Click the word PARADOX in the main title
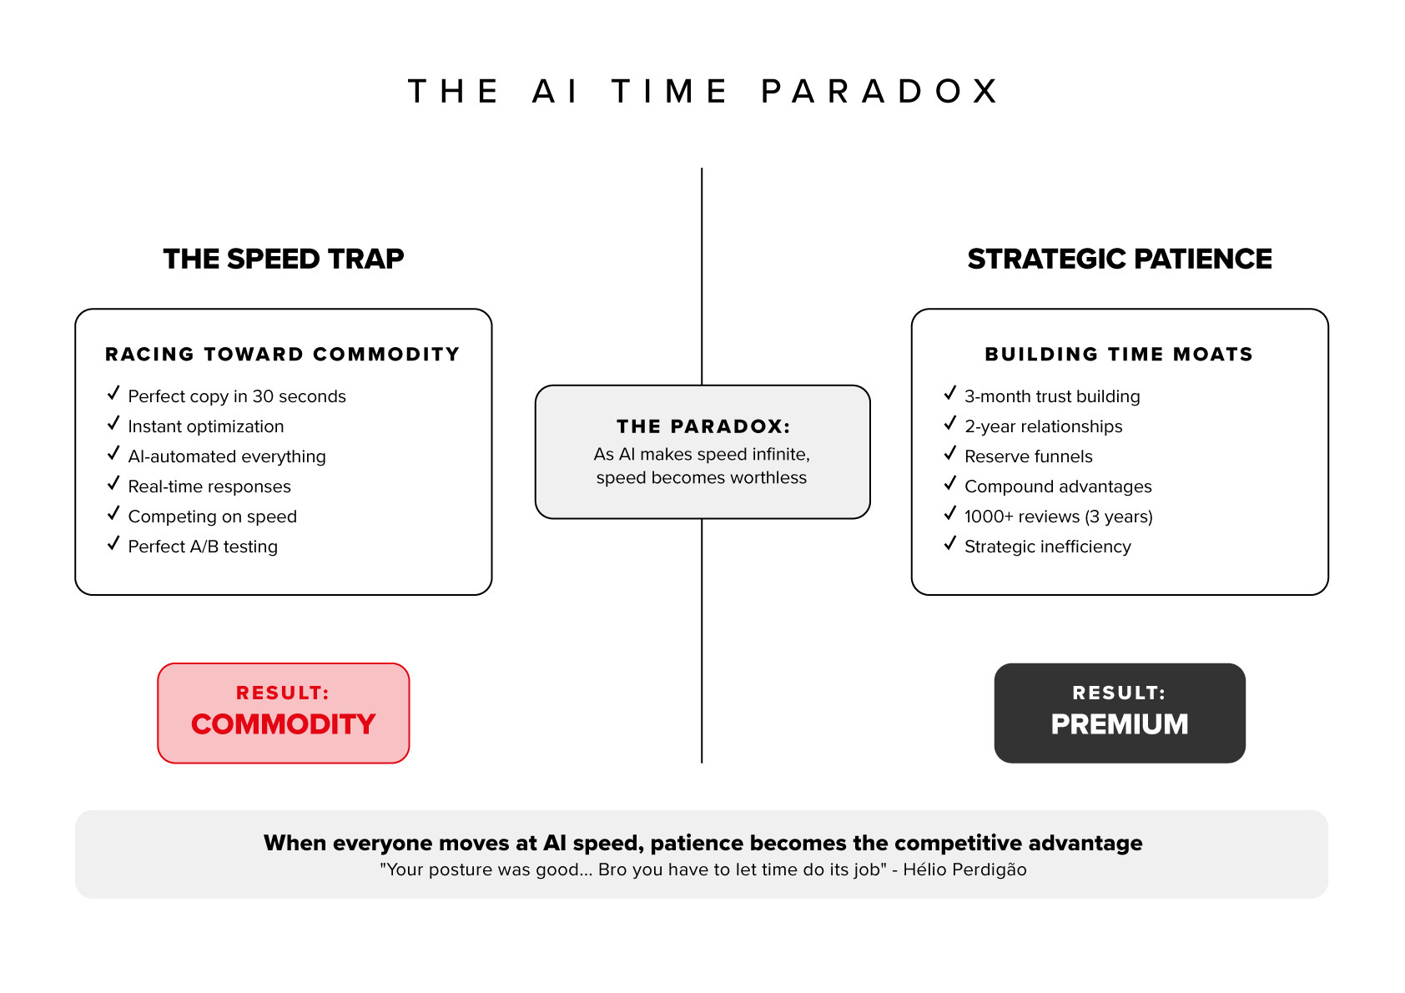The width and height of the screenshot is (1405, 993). click(x=879, y=91)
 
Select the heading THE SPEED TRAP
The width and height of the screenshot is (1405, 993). click(x=284, y=259)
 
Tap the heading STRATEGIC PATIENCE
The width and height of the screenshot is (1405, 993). click(x=1120, y=259)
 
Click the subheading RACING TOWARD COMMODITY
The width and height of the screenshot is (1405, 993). click(x=283, y=354)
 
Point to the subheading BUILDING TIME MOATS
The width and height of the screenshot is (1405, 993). click(x=1119, y=354)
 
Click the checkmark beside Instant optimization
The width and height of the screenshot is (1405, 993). click(x=113, y=424)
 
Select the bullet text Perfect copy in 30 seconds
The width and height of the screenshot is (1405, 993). click(x=237, y=396)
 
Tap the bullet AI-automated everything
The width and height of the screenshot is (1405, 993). click(x=227, y=456)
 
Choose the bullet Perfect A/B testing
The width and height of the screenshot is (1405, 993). click(x=203, y=547)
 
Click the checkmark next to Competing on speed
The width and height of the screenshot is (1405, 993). click(x=113, y=514)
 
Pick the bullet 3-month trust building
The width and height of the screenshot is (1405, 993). click(x=1052, y=396)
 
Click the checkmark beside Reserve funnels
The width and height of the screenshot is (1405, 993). click(x=949, y=454)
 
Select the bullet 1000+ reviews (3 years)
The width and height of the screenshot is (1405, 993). click(x=1058, y=517)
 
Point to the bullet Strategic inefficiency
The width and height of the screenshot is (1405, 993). click(x=1047, y=547)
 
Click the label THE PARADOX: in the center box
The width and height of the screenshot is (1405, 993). click(x=702, y=426)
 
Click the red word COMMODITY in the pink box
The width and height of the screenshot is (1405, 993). click(x=284, y=723)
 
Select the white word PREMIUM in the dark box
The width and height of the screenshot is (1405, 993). click(x=1120, y=723)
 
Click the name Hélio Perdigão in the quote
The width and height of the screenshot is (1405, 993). click(x=964, y=870)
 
